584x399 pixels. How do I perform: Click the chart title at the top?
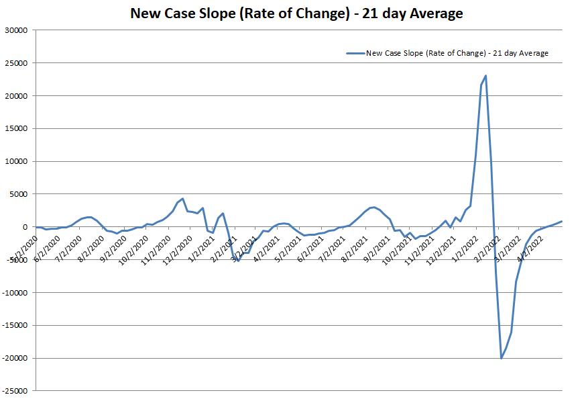click(296, 13)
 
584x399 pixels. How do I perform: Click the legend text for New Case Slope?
click(457, 53)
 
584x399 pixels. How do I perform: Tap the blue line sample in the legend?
click(355, 53)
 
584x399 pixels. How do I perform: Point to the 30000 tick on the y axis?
click(15, 30)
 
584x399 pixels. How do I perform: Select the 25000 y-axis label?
click(15, 63)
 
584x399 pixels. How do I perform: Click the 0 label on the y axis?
click(24, 227)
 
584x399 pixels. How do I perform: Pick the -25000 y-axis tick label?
click(14, 391)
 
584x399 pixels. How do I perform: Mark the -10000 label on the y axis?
click(14, 293)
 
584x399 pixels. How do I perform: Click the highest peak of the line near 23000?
click(485, 76)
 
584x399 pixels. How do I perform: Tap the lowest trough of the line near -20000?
click(501, 357)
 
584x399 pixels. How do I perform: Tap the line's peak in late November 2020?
click(182, 199)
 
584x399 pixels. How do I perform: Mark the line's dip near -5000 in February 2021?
click(238, 261)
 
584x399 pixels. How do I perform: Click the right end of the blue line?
click(561, 221)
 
